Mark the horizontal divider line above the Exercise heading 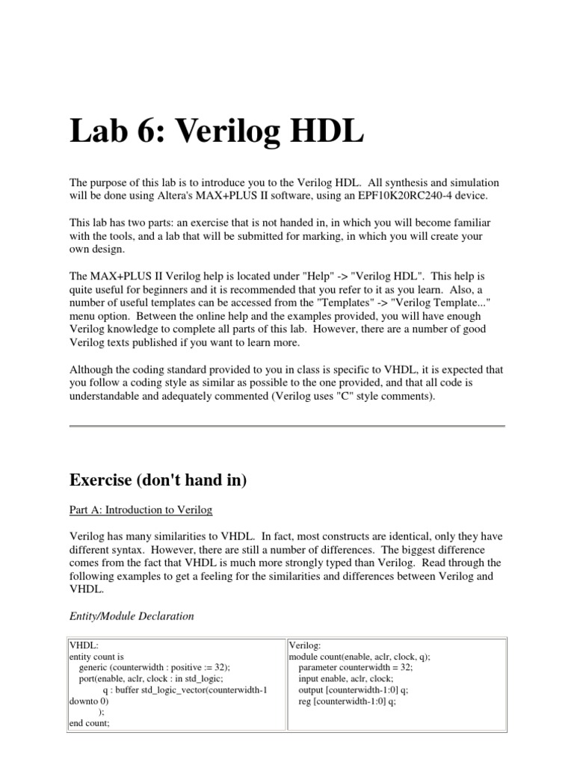click(287, 426)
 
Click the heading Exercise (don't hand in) click(158, 481)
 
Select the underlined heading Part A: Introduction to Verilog click(141, 510)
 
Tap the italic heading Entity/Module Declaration click(132, 616)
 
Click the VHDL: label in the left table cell click(84, 645)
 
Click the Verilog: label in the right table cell click(305, 645)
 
